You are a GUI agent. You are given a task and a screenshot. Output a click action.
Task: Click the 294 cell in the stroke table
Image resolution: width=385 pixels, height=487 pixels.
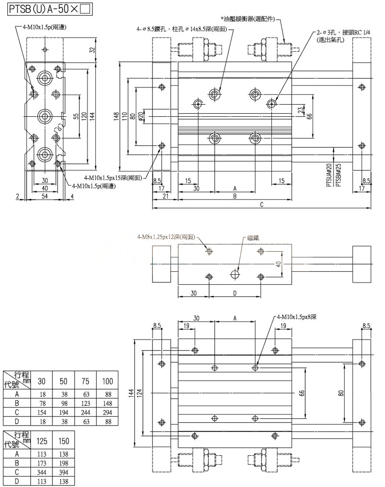point(107,413)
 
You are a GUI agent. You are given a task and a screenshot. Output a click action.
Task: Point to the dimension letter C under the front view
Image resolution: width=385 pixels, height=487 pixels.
point(261,205)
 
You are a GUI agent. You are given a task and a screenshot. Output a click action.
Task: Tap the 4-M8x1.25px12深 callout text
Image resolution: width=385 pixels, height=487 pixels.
point(166,237)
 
